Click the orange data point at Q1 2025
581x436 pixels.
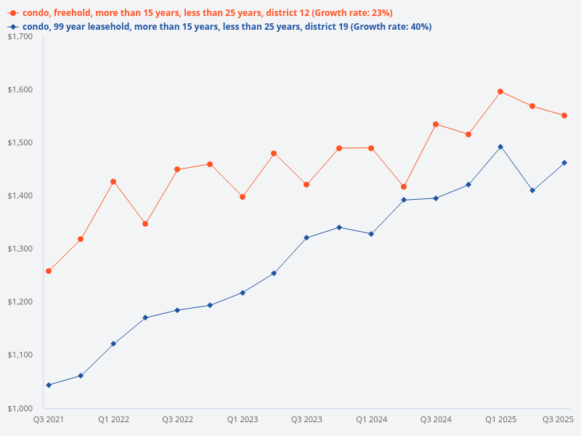point(500,92)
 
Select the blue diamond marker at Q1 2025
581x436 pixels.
point(500,147)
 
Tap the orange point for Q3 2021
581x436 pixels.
point(49,271)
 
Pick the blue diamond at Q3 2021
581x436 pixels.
point(49,385)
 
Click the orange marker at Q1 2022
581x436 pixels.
point(113,182)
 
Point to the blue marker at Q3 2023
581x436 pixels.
point(306,238)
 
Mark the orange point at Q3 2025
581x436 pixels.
point(564,116)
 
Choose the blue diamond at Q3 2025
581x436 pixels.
point(564,163)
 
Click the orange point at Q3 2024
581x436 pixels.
point(436,124)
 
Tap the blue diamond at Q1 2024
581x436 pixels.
point(371,234)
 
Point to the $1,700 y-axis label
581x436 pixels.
point(23,36)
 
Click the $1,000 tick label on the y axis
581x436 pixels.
point(23,408)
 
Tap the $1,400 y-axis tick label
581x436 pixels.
point(23,195)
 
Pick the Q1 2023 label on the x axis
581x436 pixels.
point(243,419)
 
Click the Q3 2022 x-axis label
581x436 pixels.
point(177,419)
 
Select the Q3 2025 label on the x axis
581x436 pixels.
point(558,419)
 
